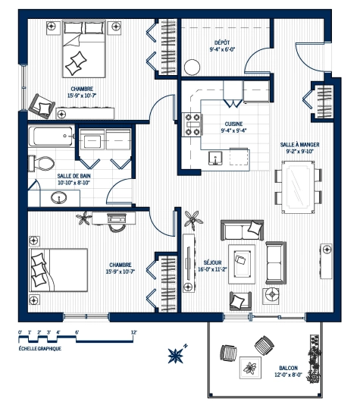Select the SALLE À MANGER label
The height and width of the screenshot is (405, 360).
click(299, 143)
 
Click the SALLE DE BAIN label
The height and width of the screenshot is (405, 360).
click(74, 175)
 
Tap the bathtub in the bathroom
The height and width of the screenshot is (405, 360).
click(52, 140)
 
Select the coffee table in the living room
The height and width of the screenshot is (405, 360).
click(244, 261)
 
